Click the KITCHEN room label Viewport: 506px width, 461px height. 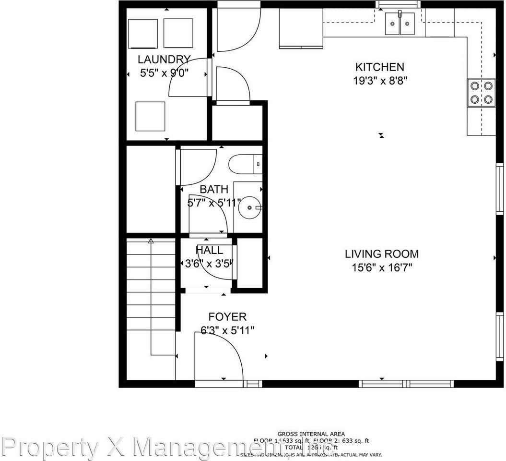(x=379, y=67)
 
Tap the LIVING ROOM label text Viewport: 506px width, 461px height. (x=382, y=254)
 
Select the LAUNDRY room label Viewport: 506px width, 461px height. (x=164, y=60)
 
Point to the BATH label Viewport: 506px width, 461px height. (x=214, y=190)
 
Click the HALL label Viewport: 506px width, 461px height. (x=209, y=250)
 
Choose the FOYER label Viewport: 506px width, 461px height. (x=227, y=317)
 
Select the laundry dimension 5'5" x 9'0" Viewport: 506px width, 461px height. (x=164, y=73)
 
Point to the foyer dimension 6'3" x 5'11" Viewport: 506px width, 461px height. (x=227, y=330)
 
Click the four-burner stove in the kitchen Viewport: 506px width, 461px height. (x=481, y=93)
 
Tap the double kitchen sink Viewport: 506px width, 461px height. (x=400, y=24)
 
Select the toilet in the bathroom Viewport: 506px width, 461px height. (x=245, y=164)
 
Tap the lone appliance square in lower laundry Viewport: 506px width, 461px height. (x=150, y=116)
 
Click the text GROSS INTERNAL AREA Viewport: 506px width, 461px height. (x=311, y=434)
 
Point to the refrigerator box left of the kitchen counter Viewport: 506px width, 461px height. (x=301, y=28)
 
